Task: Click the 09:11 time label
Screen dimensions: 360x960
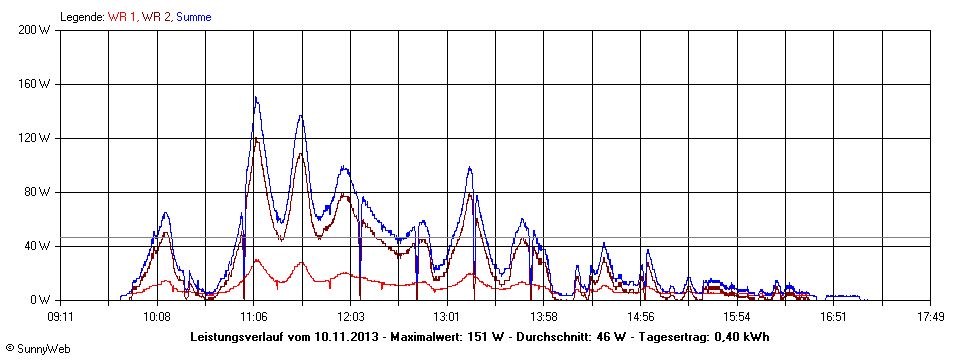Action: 60,316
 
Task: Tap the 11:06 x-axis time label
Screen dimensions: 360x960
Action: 253,316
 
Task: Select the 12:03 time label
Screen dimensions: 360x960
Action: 350,316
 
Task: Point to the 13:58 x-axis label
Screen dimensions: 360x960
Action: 543,316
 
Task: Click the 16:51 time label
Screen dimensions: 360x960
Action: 833,316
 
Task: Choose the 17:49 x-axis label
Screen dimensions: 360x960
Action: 930,316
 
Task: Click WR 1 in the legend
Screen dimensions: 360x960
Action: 123,17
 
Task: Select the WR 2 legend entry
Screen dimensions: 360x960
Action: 156,17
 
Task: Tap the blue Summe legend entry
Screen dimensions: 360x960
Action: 193,17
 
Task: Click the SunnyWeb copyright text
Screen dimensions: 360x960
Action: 37,347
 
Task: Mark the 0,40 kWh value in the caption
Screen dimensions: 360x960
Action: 741,335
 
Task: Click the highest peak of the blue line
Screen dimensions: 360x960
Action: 256,97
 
